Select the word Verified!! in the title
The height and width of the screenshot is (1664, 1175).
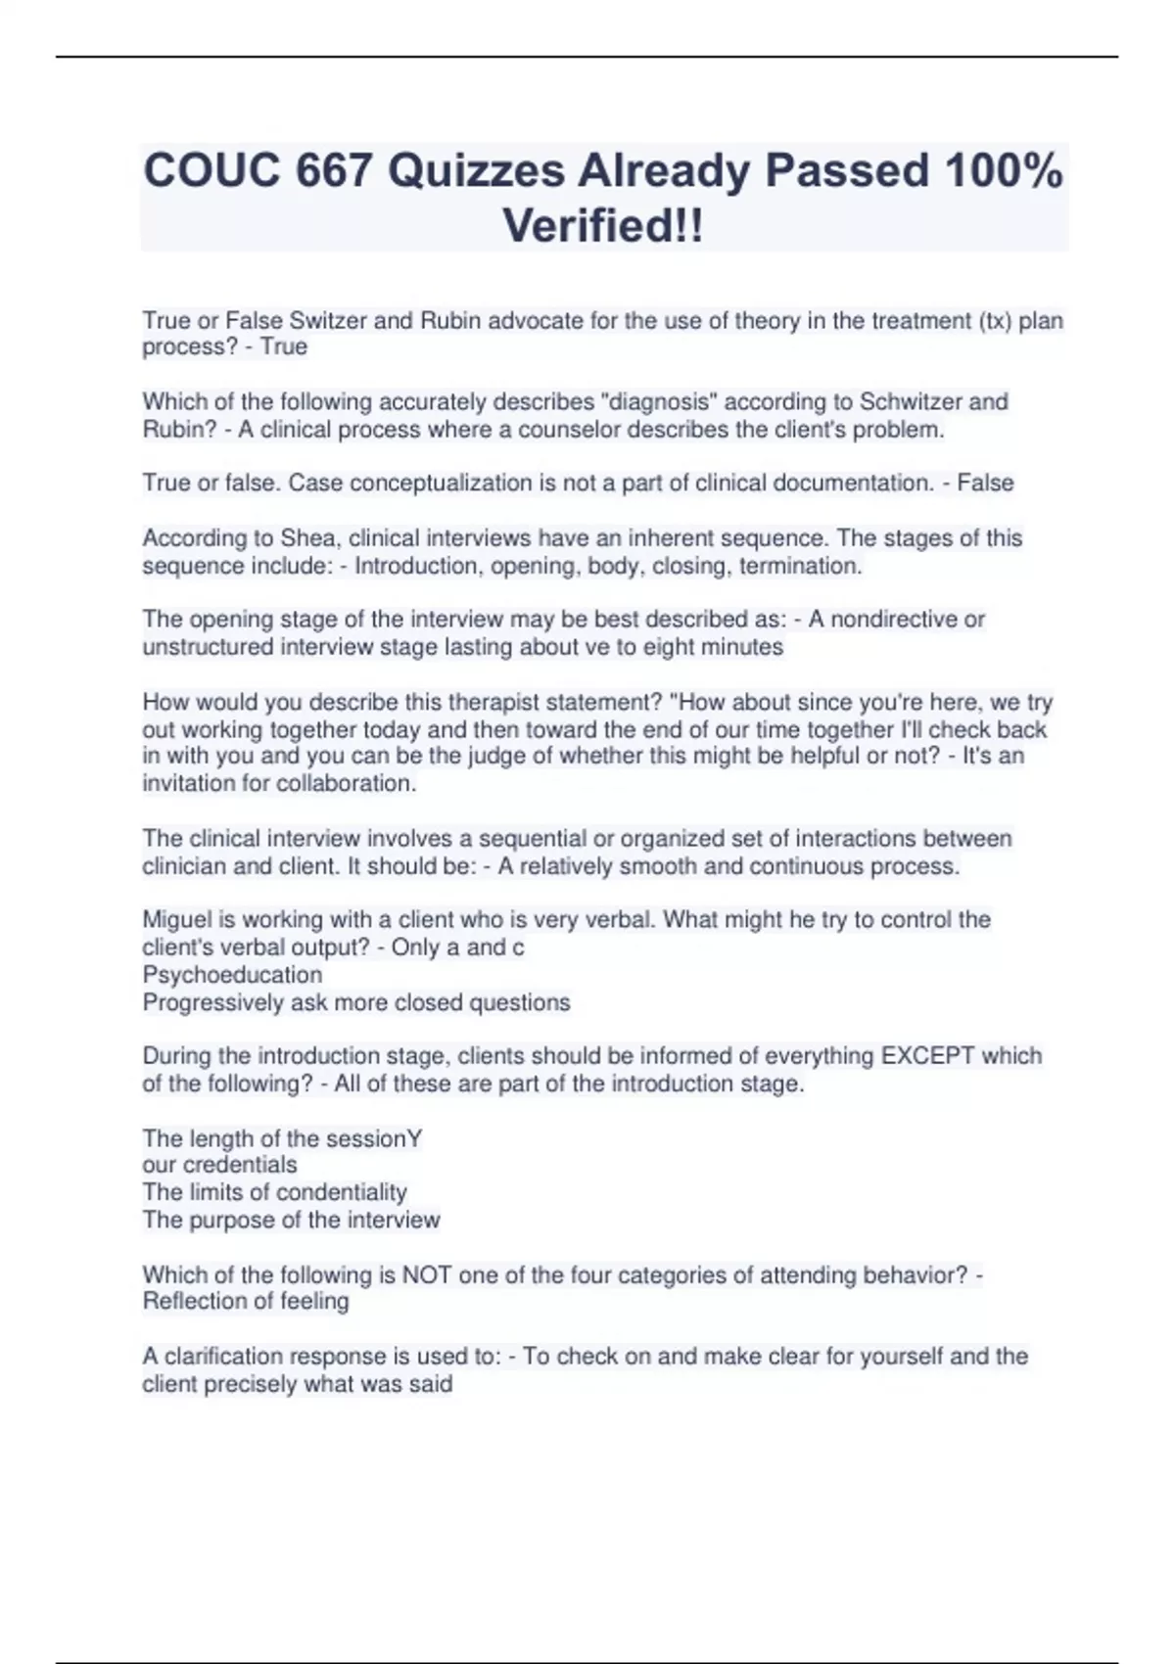tap(603, 226)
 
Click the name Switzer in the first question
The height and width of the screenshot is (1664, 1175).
tap(328, 321)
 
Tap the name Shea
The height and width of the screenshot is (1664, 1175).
tap(307, 538)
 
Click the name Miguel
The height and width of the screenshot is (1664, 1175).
tap(177, 920)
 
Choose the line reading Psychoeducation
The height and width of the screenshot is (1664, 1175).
tap(232, 975)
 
